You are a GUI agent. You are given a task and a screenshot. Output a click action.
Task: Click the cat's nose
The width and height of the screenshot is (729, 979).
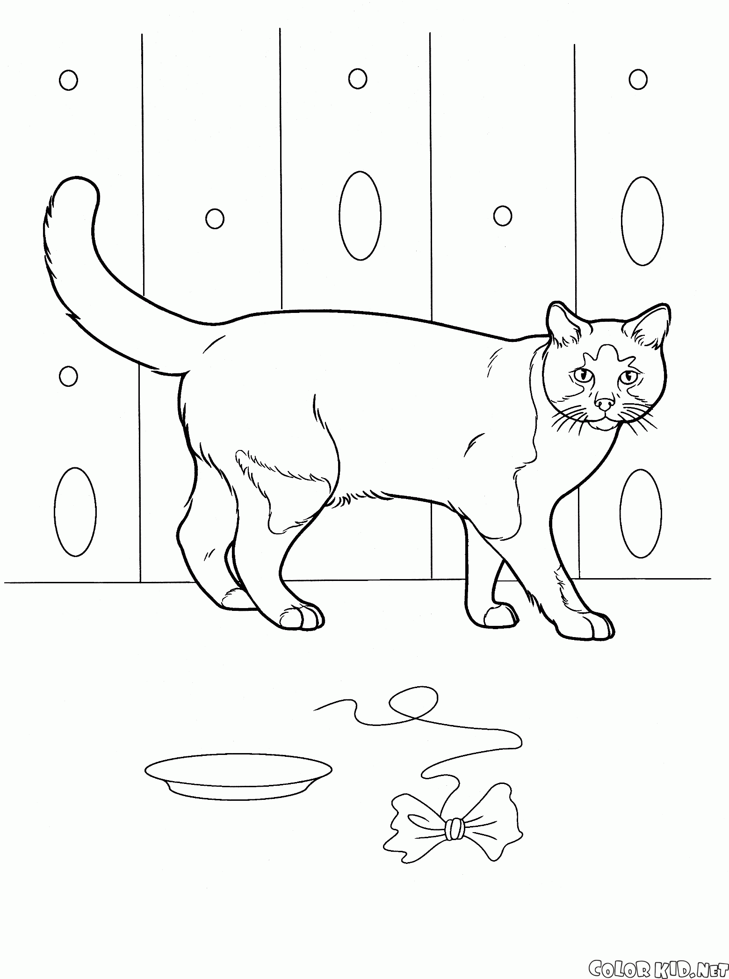click(x=604, y=403)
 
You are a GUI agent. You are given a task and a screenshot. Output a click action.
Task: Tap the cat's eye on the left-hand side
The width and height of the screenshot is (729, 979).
click(x=583, y=375)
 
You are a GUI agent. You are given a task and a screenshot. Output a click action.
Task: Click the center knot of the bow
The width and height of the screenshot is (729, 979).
click(x=454, y=829)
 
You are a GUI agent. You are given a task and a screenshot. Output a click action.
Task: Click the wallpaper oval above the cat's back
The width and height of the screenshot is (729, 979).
click(x=360, y=215)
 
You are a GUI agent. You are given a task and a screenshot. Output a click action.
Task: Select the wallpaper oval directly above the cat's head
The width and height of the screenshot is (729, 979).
click(x=642, y=221)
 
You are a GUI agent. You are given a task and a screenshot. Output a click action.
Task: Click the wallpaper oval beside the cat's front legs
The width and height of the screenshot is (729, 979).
click(x=641, y=513)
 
